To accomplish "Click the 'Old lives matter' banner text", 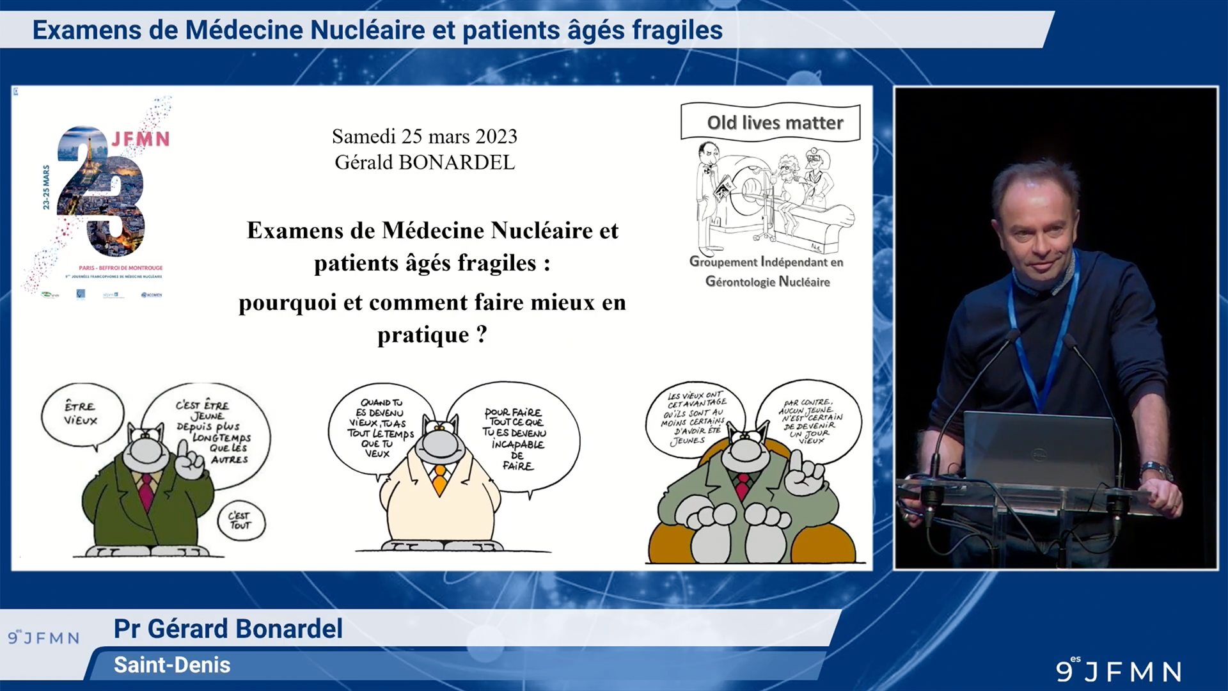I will point(775,122).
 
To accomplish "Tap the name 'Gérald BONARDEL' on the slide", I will point(425,163).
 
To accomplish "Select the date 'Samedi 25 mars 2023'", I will point(425,136).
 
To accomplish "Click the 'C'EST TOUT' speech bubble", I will point(240,520).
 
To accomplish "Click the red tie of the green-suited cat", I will point(146,491).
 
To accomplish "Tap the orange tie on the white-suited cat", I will point(440,480).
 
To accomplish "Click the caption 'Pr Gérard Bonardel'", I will point(228,628).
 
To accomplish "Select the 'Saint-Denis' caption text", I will point(172,665).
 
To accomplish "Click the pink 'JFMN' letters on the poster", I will point(141,139).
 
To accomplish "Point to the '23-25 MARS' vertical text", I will point(46,187).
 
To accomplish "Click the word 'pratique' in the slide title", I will point(423,335).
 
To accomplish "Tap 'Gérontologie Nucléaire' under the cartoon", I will point(767,282).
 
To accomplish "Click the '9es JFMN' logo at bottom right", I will point(1119,671).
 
